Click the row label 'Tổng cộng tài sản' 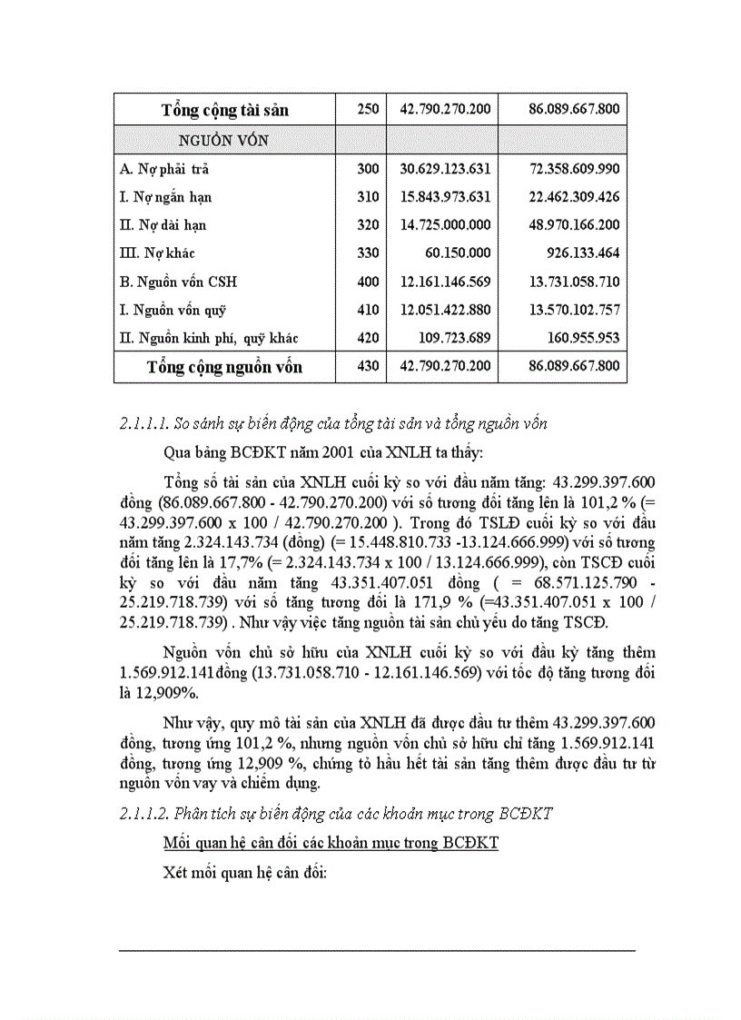click(224, 110)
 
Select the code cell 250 click(368, 110)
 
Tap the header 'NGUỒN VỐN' click(222, 140)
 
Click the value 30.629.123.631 click(445, 169)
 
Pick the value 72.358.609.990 click(574, 169)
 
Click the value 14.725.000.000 click(445, 225)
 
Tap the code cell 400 click(368, 282)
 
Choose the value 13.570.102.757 click(574, 310)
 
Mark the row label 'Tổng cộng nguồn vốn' click(224, 367)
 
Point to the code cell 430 click(368, 367)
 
